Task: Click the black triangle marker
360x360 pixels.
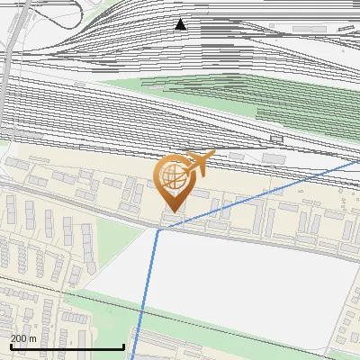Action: pos(181,24)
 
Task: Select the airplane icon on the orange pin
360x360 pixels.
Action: pos(199,164)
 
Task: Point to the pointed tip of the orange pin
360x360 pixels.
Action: pos(171,211)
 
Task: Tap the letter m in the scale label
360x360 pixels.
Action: pos(33,338)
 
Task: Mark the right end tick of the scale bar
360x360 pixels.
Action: pos(123,346)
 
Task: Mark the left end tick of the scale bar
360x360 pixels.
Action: pos(11,346)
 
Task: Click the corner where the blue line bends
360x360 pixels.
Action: pos(157,229)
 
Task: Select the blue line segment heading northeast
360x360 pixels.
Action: pos(261,194)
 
